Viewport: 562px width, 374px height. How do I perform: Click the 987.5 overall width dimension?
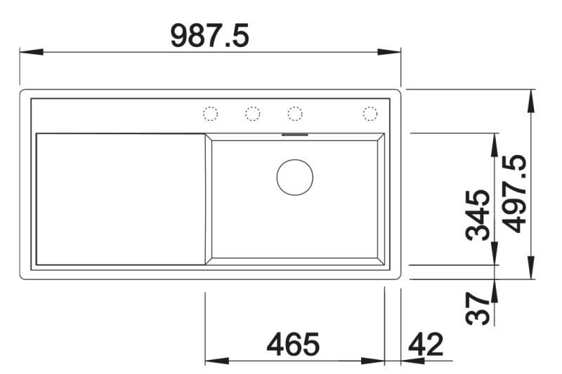click(209, 35)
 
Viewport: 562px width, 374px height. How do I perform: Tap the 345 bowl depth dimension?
click(480, 215)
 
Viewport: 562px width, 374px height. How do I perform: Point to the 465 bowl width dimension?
click(293, 344)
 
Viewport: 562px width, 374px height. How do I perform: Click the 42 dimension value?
click(426, 344)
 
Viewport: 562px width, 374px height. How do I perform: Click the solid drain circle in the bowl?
click(294, 176)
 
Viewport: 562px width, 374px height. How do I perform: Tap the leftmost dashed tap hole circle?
click(210, 113)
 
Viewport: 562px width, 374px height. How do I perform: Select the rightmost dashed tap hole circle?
click(370, 113)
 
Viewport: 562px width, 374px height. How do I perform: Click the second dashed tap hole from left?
click(252, 113)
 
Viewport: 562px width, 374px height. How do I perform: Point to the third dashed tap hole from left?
click(294, 113)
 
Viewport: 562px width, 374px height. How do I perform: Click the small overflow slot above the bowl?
click(294, 133)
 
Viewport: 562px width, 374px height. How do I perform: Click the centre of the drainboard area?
click(120, 199)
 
